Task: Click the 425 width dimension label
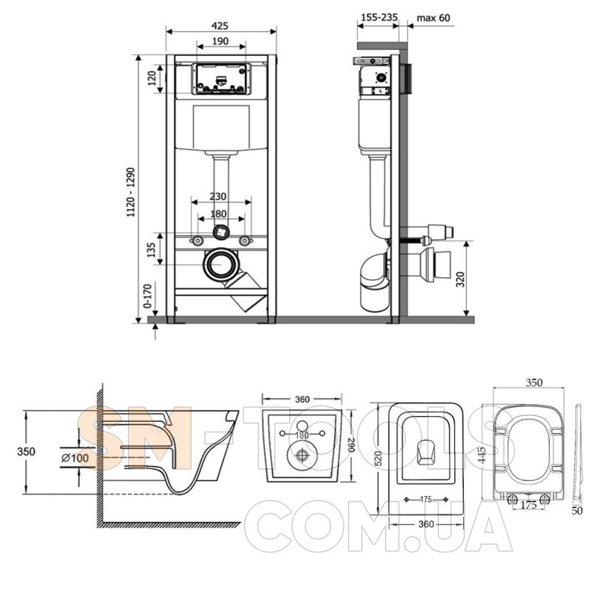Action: click(220, 26)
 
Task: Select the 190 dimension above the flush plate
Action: click(220, 41)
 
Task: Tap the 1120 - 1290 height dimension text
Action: click(131, 192)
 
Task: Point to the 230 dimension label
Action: click(218, 196)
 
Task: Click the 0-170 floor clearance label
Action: click(148, 296)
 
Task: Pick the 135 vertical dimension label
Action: click(151, 250)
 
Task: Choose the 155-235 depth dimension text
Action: click(379, 17)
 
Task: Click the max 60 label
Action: click(433, 18)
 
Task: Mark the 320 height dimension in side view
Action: click(461, 279)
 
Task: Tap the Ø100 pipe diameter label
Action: click(75, 458)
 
